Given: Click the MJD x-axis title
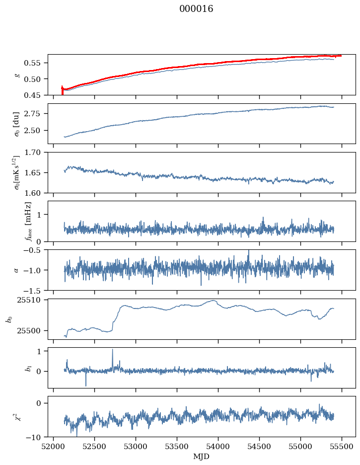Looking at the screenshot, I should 201,457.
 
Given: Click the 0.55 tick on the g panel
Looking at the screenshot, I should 35,63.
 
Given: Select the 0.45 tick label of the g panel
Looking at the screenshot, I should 35,95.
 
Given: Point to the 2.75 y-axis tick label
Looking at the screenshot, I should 35,114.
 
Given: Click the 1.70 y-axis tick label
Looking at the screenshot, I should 35,153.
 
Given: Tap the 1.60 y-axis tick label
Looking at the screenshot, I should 35,193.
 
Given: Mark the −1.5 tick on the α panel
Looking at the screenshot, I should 36,290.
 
